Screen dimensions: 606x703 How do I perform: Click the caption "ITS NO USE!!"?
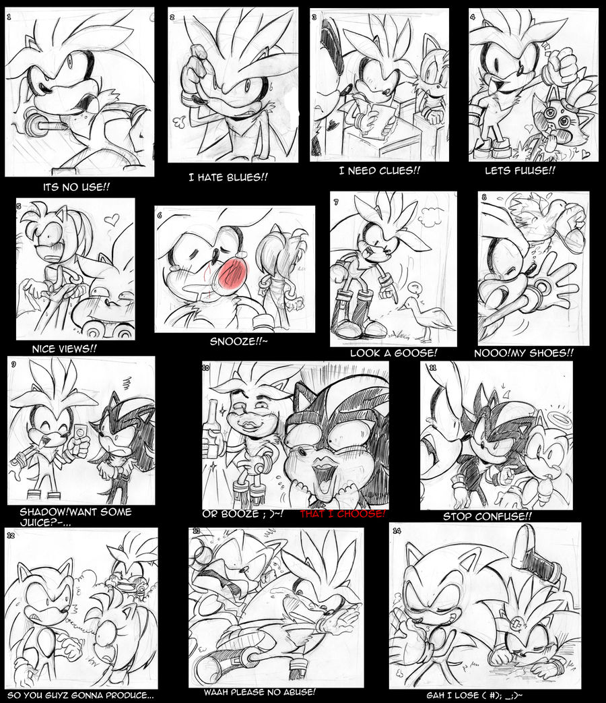[76, 187]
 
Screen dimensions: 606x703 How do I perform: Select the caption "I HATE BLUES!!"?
[228, 177]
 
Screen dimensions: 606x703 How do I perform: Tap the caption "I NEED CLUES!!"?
[379, 171]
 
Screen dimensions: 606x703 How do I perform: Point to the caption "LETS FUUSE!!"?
[520, 171]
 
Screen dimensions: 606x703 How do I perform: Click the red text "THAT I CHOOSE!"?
[342, 514]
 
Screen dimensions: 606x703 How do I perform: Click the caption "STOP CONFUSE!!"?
[487, 516]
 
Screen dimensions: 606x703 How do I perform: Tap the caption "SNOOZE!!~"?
[239, 341]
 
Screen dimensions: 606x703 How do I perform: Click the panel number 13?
[196, 531]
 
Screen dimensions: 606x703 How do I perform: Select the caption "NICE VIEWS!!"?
[64, 348]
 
